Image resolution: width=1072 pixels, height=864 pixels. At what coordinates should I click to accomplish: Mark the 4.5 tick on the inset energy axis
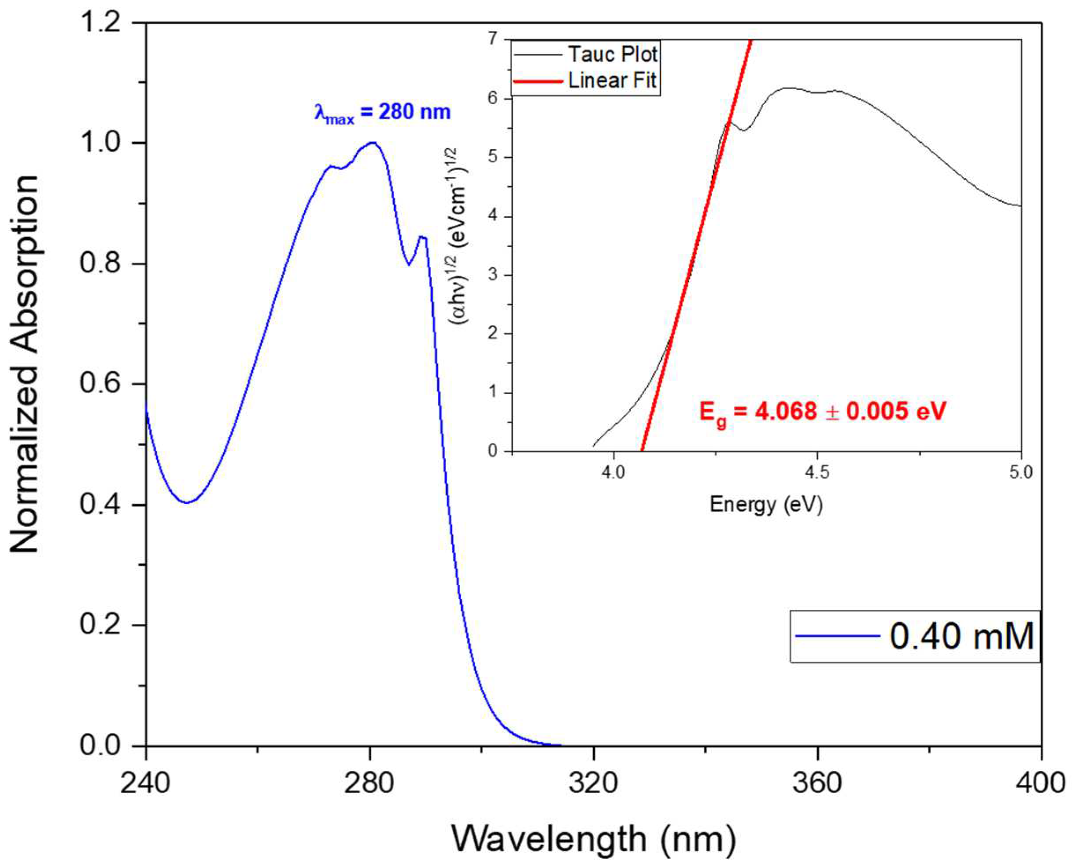(817, 472)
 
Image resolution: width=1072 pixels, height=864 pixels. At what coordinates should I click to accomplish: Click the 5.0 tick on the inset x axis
(1021, 472)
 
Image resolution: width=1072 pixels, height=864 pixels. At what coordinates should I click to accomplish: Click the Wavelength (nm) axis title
(593, 840)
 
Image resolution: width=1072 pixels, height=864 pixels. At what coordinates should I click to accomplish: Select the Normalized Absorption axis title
(25, 363)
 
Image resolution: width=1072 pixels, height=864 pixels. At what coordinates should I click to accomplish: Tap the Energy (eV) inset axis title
(765, 505)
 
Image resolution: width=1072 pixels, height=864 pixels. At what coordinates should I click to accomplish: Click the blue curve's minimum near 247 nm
(187, 503)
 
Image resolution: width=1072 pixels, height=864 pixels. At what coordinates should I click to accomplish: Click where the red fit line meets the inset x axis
(642, 450)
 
